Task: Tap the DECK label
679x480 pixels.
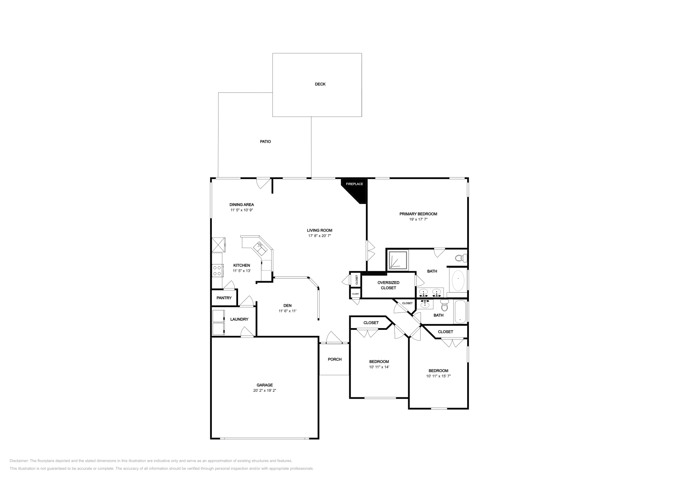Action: click(320, 84)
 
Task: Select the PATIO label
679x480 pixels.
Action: click(265, 142)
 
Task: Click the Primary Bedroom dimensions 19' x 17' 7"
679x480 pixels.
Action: click(418, 220)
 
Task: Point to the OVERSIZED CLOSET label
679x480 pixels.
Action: click(388, 285)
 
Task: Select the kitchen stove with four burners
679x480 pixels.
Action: click(217, 270)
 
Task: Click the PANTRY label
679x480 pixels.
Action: click(224, 298)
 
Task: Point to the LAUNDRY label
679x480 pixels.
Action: click(239, 319)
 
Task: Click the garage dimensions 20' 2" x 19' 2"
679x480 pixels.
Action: click(264, 391)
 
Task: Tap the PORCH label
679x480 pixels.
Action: click(334, 360)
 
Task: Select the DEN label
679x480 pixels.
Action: click(287, 306)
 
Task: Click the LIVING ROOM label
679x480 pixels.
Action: click(320, 231)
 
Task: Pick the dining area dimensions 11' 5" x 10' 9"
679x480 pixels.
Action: click(241, 210)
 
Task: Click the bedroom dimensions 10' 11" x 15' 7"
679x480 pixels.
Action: click(438, 376)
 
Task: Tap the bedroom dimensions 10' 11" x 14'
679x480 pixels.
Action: click(379, 367)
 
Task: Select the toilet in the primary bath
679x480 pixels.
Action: click(460, 258)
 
